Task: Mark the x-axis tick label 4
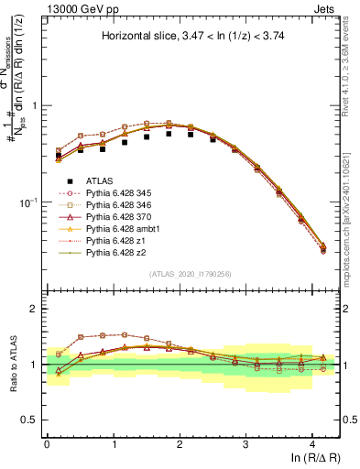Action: pyautogui.click(x=312, y=443)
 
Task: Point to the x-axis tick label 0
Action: pyautogui.click(x=47, y=443)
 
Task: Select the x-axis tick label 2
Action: pyautogui.click(x=180, y=443)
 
